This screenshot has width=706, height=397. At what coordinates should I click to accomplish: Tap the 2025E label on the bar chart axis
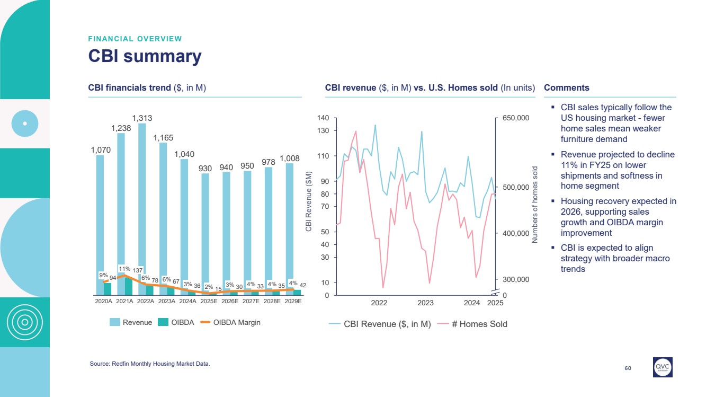coord(209,301)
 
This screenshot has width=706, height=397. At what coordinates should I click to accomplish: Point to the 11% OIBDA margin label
coord(124,269)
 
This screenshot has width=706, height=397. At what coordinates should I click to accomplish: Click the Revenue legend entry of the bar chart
coord(131,322)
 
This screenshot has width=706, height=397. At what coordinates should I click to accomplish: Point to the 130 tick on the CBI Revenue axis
coord(323,130)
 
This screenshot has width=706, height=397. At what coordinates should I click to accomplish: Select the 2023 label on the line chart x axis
coord(425,303)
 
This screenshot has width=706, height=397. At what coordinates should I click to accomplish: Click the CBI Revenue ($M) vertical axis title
coord(309,201)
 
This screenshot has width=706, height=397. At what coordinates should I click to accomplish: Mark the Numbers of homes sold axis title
coord(535,205)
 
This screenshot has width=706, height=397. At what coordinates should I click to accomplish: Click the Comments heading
coord(566,88)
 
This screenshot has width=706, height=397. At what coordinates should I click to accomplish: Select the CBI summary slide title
coord(145,56)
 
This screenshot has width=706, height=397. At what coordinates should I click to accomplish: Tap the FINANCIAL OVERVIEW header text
coord(135,39)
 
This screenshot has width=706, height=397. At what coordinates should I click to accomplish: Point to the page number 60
coord(628,368)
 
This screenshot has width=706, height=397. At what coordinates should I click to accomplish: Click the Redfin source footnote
coord(150,364)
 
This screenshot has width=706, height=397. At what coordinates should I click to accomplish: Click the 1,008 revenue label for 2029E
coord(290,158)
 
